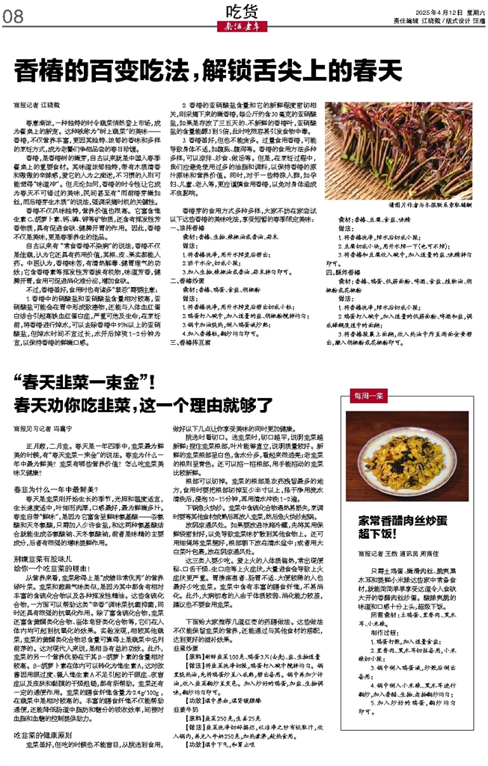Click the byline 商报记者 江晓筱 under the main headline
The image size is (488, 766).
click(x=46, y=107)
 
